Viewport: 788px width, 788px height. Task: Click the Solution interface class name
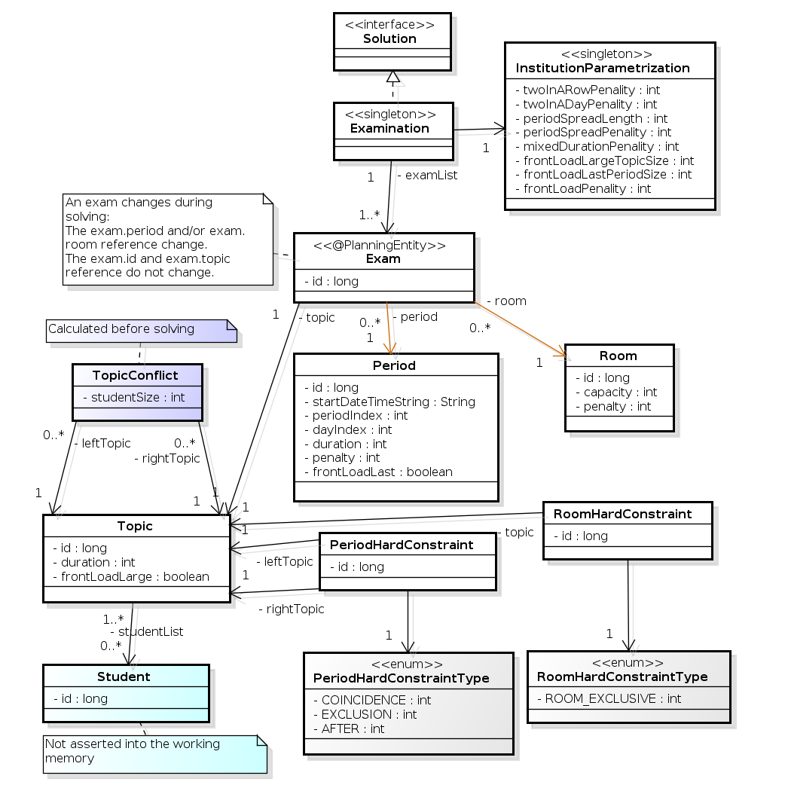coord(389,38)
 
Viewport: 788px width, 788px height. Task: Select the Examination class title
coord(389,128)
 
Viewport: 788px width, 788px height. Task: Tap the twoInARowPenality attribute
coord(587,90)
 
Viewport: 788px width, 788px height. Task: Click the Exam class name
coord(383,258)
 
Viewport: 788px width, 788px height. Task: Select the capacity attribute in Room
coord(615,392)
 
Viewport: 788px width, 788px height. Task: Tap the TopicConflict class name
coord(136,375)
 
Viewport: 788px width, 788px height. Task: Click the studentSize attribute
coord(133,397)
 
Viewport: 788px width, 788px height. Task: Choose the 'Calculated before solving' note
coord(121,328)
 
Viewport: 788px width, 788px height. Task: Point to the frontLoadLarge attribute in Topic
coord(130,576)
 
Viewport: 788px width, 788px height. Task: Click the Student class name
coord(124,677)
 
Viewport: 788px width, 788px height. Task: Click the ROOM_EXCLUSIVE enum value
coord(609,698)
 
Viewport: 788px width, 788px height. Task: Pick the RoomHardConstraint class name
coord(622,514)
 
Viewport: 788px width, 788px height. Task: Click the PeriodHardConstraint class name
coord(402,545)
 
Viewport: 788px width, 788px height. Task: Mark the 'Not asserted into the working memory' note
coord(133,750)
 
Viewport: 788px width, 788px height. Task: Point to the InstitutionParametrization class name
coord(602,68)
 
